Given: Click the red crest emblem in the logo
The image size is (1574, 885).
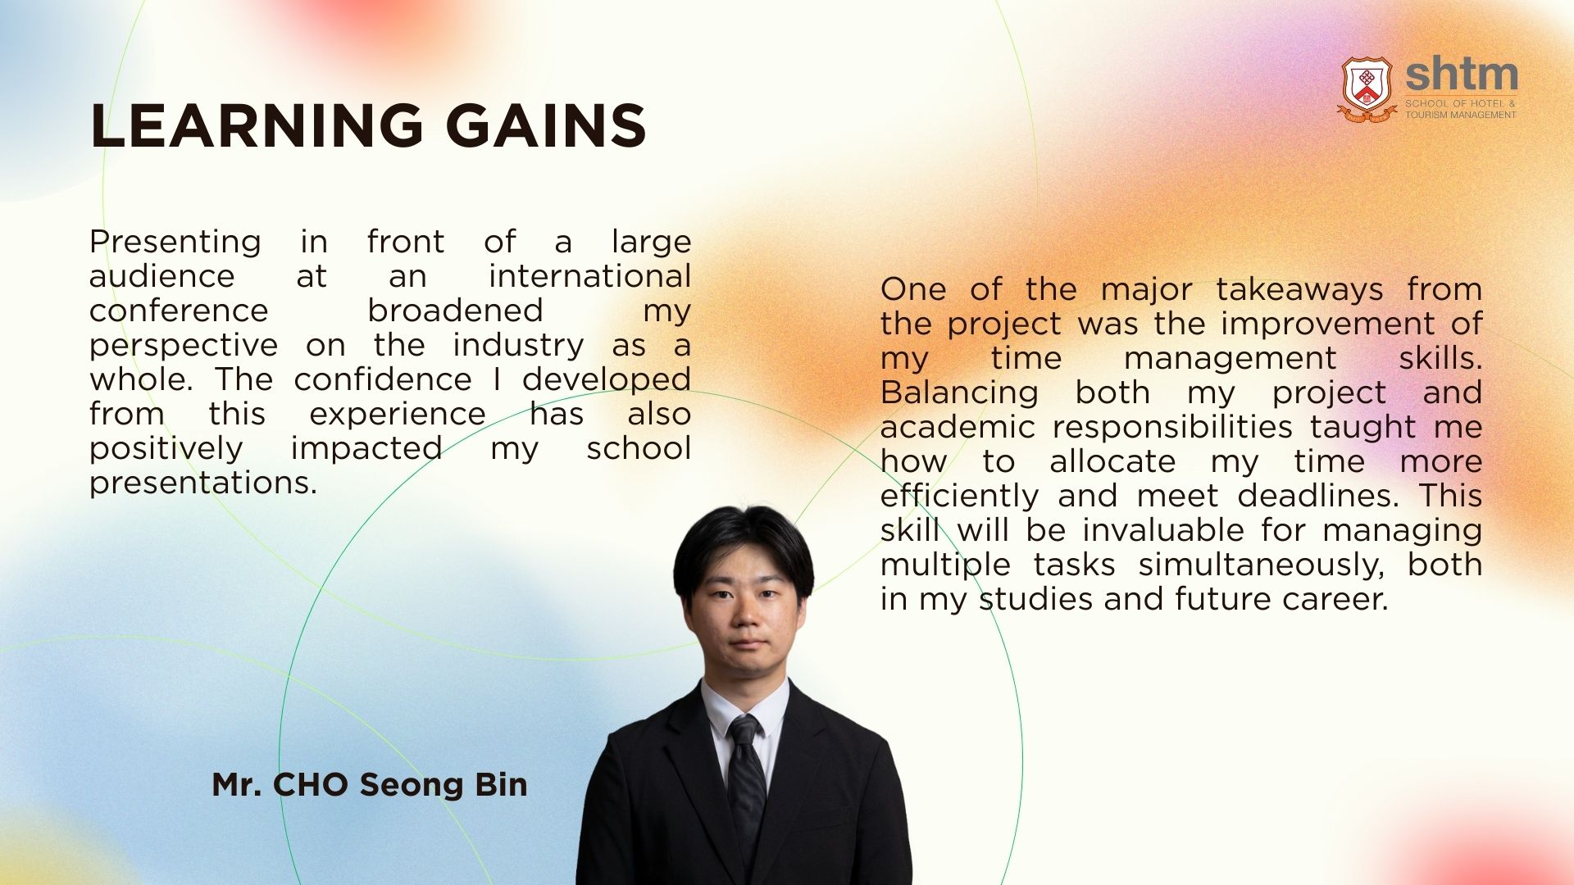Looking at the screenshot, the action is (x=1367, y=88).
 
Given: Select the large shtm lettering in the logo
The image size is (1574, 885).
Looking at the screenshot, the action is (x=1461, y=75).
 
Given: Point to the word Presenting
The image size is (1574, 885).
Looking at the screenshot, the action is (x=175, y=243).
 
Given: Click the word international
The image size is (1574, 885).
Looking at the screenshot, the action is (x=589, y=276).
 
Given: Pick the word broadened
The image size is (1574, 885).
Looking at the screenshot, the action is (x=455, y=311).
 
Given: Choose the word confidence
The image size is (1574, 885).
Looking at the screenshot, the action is (x=383, y=379).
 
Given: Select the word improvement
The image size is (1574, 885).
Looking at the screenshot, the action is (x=1328, y=324).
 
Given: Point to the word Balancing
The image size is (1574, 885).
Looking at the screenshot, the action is (x=959, y=393).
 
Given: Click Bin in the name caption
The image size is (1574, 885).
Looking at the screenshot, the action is (x=501, y=785).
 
